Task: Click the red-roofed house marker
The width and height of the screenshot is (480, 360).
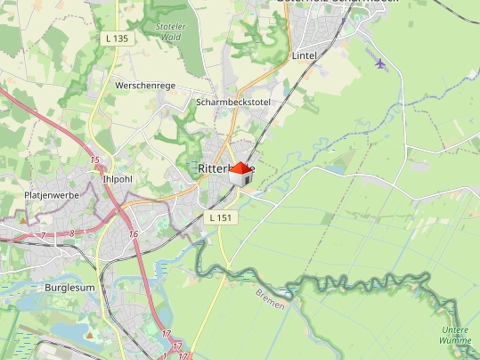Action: click(x=240, y=174)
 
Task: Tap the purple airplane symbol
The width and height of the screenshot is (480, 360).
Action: click(x=380, y=63)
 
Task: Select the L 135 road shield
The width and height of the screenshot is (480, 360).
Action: click(x=117, y=38)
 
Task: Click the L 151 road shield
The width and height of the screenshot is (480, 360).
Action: click(x=220, y=217)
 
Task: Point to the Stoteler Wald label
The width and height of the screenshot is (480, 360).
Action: click(x=170, y=31)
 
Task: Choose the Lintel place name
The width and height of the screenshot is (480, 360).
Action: click(x=304, y=55)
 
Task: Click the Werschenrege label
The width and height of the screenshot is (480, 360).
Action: click(x=145, y=85)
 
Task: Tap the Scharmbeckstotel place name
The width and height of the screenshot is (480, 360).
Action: click(x=233, y=102)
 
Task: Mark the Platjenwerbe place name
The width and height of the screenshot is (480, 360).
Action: click(x=51, y=195)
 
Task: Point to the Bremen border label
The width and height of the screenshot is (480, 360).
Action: click(x=270, y=299)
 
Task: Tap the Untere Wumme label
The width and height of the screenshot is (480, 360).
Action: click(x=455, y=335)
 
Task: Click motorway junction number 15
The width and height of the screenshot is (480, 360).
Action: click(x=95, y=160)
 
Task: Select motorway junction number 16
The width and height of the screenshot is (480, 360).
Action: click(x=133, y=234)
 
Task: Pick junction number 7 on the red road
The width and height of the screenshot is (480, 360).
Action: click(x=43, y=235)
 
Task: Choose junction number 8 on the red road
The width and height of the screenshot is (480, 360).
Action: click(x=72, y=233)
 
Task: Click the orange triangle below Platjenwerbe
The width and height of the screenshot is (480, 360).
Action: click(x=22, y=220)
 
